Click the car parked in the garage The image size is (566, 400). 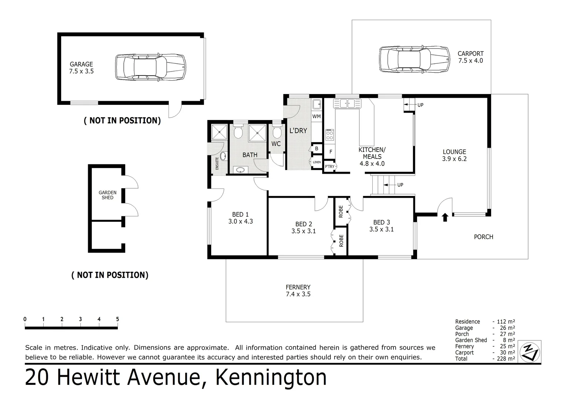tap(150, 67)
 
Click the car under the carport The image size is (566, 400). tap(414, 59)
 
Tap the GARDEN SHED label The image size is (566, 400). tap(107, 195)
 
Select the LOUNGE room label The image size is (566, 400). tap(454, 152)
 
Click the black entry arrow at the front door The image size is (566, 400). tap(445, 217)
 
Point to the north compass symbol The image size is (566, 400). tap(530, 351)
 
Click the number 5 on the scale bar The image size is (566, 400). tap(117, 319)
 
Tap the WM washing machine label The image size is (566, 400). tap(316, 116)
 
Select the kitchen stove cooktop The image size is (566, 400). tap(329, 135)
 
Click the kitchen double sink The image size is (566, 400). tap(347, 103)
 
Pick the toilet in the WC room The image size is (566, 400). tap(276, 132)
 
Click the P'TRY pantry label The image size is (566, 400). tap(329, 167)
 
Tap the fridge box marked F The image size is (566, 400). tap(330, 152)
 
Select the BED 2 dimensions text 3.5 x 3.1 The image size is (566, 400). tap(303, 231)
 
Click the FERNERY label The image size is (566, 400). tap(298, 287)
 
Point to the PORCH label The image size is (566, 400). tap(483, 237)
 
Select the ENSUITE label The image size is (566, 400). tap(217, 164)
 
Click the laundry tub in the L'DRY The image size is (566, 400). tap(316, 104)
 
